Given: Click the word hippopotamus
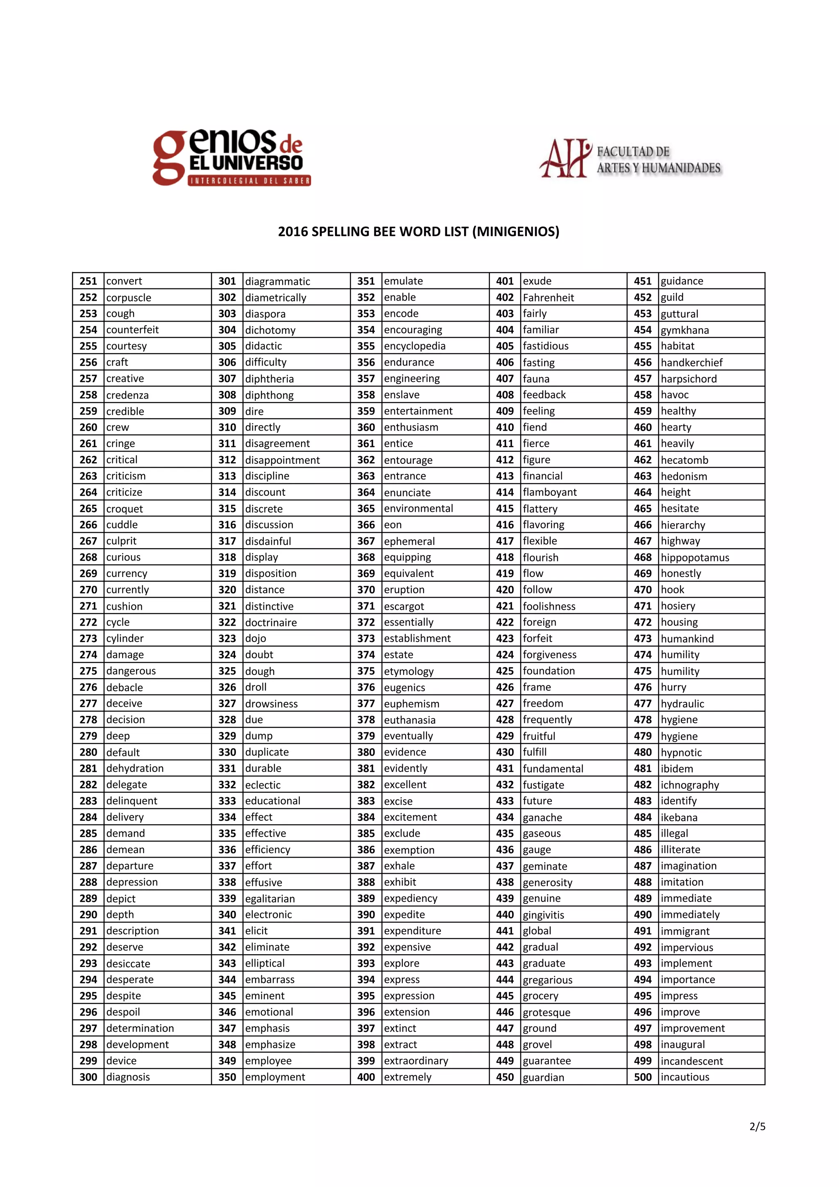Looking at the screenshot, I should click(694, 557).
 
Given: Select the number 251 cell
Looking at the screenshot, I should click(88, 281).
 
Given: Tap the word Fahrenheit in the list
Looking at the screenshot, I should click(548, 297).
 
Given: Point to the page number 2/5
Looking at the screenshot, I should click(757, 1126).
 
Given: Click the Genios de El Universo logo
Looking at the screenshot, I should click(231, 158).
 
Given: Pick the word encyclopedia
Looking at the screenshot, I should click(414, 346).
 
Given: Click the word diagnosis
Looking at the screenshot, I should click(128, 1077).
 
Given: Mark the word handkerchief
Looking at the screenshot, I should click(691, 362).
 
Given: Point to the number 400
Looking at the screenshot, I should click(366, 1077).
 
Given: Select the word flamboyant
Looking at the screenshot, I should click(549, 492).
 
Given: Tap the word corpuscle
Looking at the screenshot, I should click(129, 297).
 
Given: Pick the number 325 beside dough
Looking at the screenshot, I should click(227, 671).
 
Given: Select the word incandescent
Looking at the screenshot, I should click(691, 1061).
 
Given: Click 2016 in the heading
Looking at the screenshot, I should click(293, 231).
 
